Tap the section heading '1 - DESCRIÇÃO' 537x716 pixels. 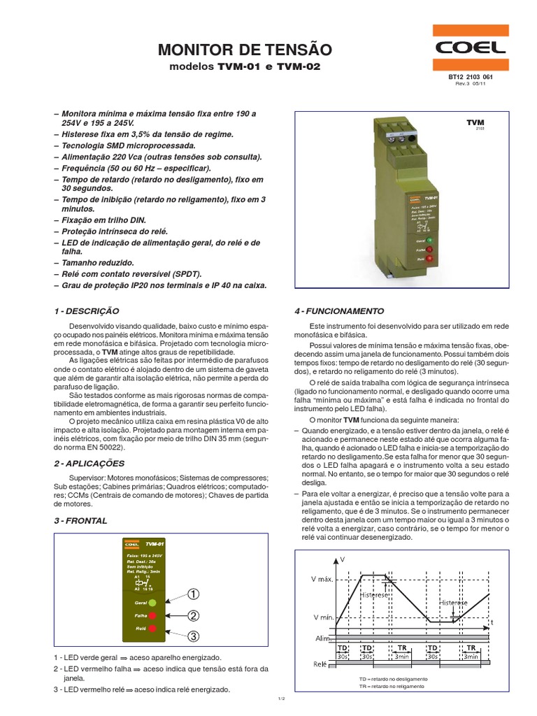pyautogui.click(x=87, y=310)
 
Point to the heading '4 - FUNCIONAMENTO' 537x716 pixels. pyautogui.click(x=339, y=310)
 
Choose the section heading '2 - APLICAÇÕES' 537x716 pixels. pyautogui.click(x=89, y=463)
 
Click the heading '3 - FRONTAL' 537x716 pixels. pyautogui.click(x=80, y=521)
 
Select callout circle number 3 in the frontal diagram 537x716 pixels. pyautogui.click(x=194, y=636)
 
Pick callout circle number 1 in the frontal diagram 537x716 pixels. pyautogui.click(x=194, y=594)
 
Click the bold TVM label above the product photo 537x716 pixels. pyautogui.click(x=475, y=123)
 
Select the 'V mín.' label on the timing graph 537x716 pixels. pyautogui.click(x=323, y=619)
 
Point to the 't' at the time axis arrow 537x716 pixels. pyautogui.click(x=492, y=621)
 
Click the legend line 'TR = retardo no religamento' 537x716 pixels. pyautogui.click(x=393, y=687)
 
